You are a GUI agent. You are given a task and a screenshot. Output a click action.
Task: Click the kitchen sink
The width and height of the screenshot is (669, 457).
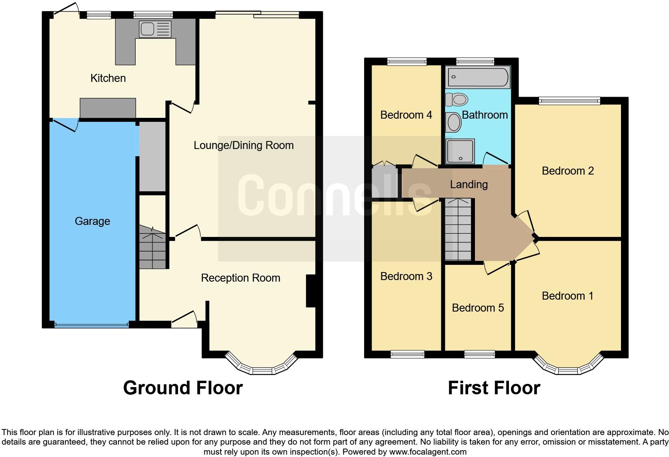point(155,29)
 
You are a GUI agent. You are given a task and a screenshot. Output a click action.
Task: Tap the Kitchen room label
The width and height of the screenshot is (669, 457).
point(108,78)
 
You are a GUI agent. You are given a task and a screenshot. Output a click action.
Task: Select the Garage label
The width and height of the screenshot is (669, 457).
point(92,221)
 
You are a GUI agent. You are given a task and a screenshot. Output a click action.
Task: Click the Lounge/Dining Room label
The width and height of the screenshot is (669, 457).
point(243,145)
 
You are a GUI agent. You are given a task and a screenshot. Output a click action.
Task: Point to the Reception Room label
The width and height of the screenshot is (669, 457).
point(240,278)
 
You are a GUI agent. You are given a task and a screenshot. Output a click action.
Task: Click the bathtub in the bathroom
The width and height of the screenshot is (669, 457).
point(478,77)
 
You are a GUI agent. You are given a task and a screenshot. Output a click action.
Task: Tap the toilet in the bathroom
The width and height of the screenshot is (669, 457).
point(457,99)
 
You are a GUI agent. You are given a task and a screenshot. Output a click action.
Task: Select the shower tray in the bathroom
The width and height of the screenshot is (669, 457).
point(461,151)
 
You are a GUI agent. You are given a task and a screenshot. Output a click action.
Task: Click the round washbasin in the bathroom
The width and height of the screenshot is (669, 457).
point(454,122)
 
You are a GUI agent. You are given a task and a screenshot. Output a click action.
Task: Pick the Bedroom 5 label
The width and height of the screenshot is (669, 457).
point(478,308)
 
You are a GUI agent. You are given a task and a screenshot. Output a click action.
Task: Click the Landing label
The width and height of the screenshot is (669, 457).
point(469,184)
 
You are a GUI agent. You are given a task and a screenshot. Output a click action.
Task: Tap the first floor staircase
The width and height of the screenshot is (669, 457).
point(458,230)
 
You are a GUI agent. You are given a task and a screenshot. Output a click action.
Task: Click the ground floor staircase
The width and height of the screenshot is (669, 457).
point(152,248)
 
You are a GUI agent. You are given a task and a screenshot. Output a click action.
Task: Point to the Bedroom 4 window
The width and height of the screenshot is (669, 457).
point(407,62)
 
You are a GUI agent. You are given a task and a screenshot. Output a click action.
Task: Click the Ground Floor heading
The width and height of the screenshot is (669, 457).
point(183,387)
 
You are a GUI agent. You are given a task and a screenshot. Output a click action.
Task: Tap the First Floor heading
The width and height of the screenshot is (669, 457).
point(494,387)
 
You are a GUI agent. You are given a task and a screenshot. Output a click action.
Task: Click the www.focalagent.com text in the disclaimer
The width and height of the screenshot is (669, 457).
point(427,452)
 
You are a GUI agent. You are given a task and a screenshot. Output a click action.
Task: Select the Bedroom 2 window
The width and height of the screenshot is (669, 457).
point(569,101)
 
